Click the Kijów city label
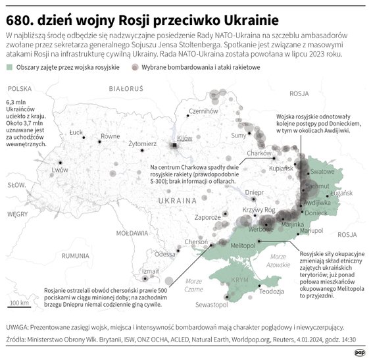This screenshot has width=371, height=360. (x=184, y=138)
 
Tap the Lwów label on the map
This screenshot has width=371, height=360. (x=60, y=169)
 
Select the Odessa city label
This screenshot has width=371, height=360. (x=165, y=253)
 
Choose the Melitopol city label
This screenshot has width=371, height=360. (x=242, y=245)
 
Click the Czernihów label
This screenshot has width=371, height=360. (x=203, y=111)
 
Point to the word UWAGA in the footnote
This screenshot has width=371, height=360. (x=17, y=326)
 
